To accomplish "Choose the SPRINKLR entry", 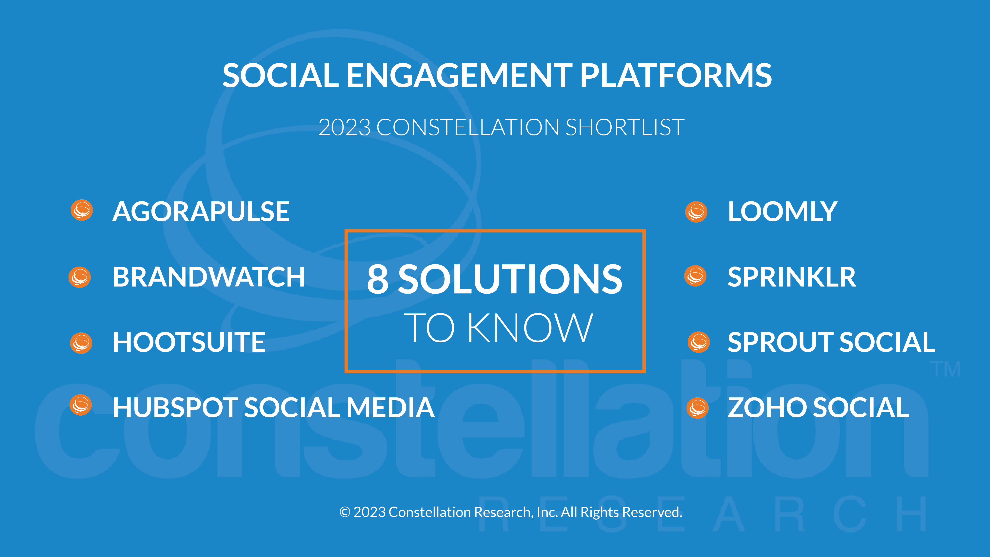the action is tap(792, 277).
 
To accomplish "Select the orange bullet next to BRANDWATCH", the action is tap(80, 277).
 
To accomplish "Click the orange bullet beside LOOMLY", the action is tap(696, 212).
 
